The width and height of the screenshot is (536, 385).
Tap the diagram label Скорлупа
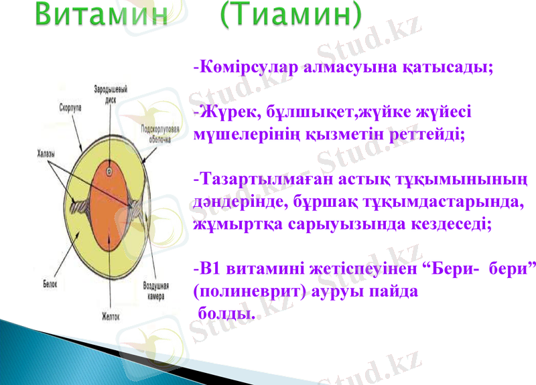pyautogui.click(x=71, y=106)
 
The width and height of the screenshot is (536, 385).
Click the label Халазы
pyautogui.click(x=46, y=155)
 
